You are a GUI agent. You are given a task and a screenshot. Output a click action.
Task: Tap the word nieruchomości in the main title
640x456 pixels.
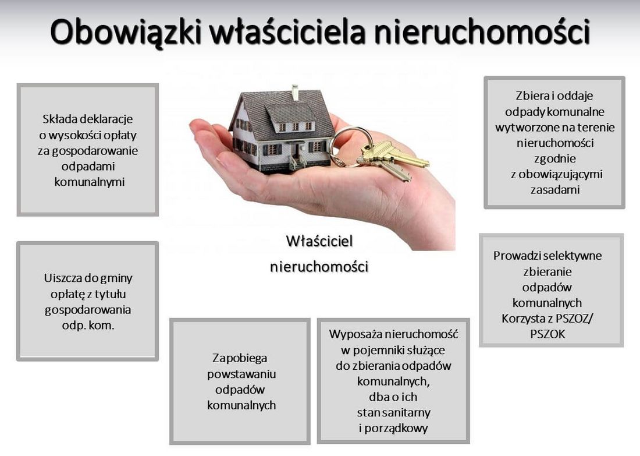[x=482, y=32]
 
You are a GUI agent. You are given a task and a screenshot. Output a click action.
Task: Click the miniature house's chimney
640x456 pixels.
[x=295, y=92]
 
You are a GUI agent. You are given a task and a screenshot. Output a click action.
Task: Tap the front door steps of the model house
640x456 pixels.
[x=297, y=163]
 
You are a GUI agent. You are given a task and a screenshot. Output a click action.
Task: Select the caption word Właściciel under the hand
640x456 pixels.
[x=319, y=241]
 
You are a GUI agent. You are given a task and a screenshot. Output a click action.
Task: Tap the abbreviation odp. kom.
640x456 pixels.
[x=88, y=326]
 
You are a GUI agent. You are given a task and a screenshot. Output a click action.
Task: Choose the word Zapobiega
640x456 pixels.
[x=240, y=358]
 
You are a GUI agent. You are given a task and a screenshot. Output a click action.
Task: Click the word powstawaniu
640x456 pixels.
[x=241, y=374]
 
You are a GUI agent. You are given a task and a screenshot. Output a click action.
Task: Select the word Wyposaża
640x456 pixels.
[x=354, y=335]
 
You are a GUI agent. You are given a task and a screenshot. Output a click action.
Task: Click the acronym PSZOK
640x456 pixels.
[x=547, y=334]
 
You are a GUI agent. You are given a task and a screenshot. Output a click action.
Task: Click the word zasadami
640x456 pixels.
[x=555, y=190]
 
